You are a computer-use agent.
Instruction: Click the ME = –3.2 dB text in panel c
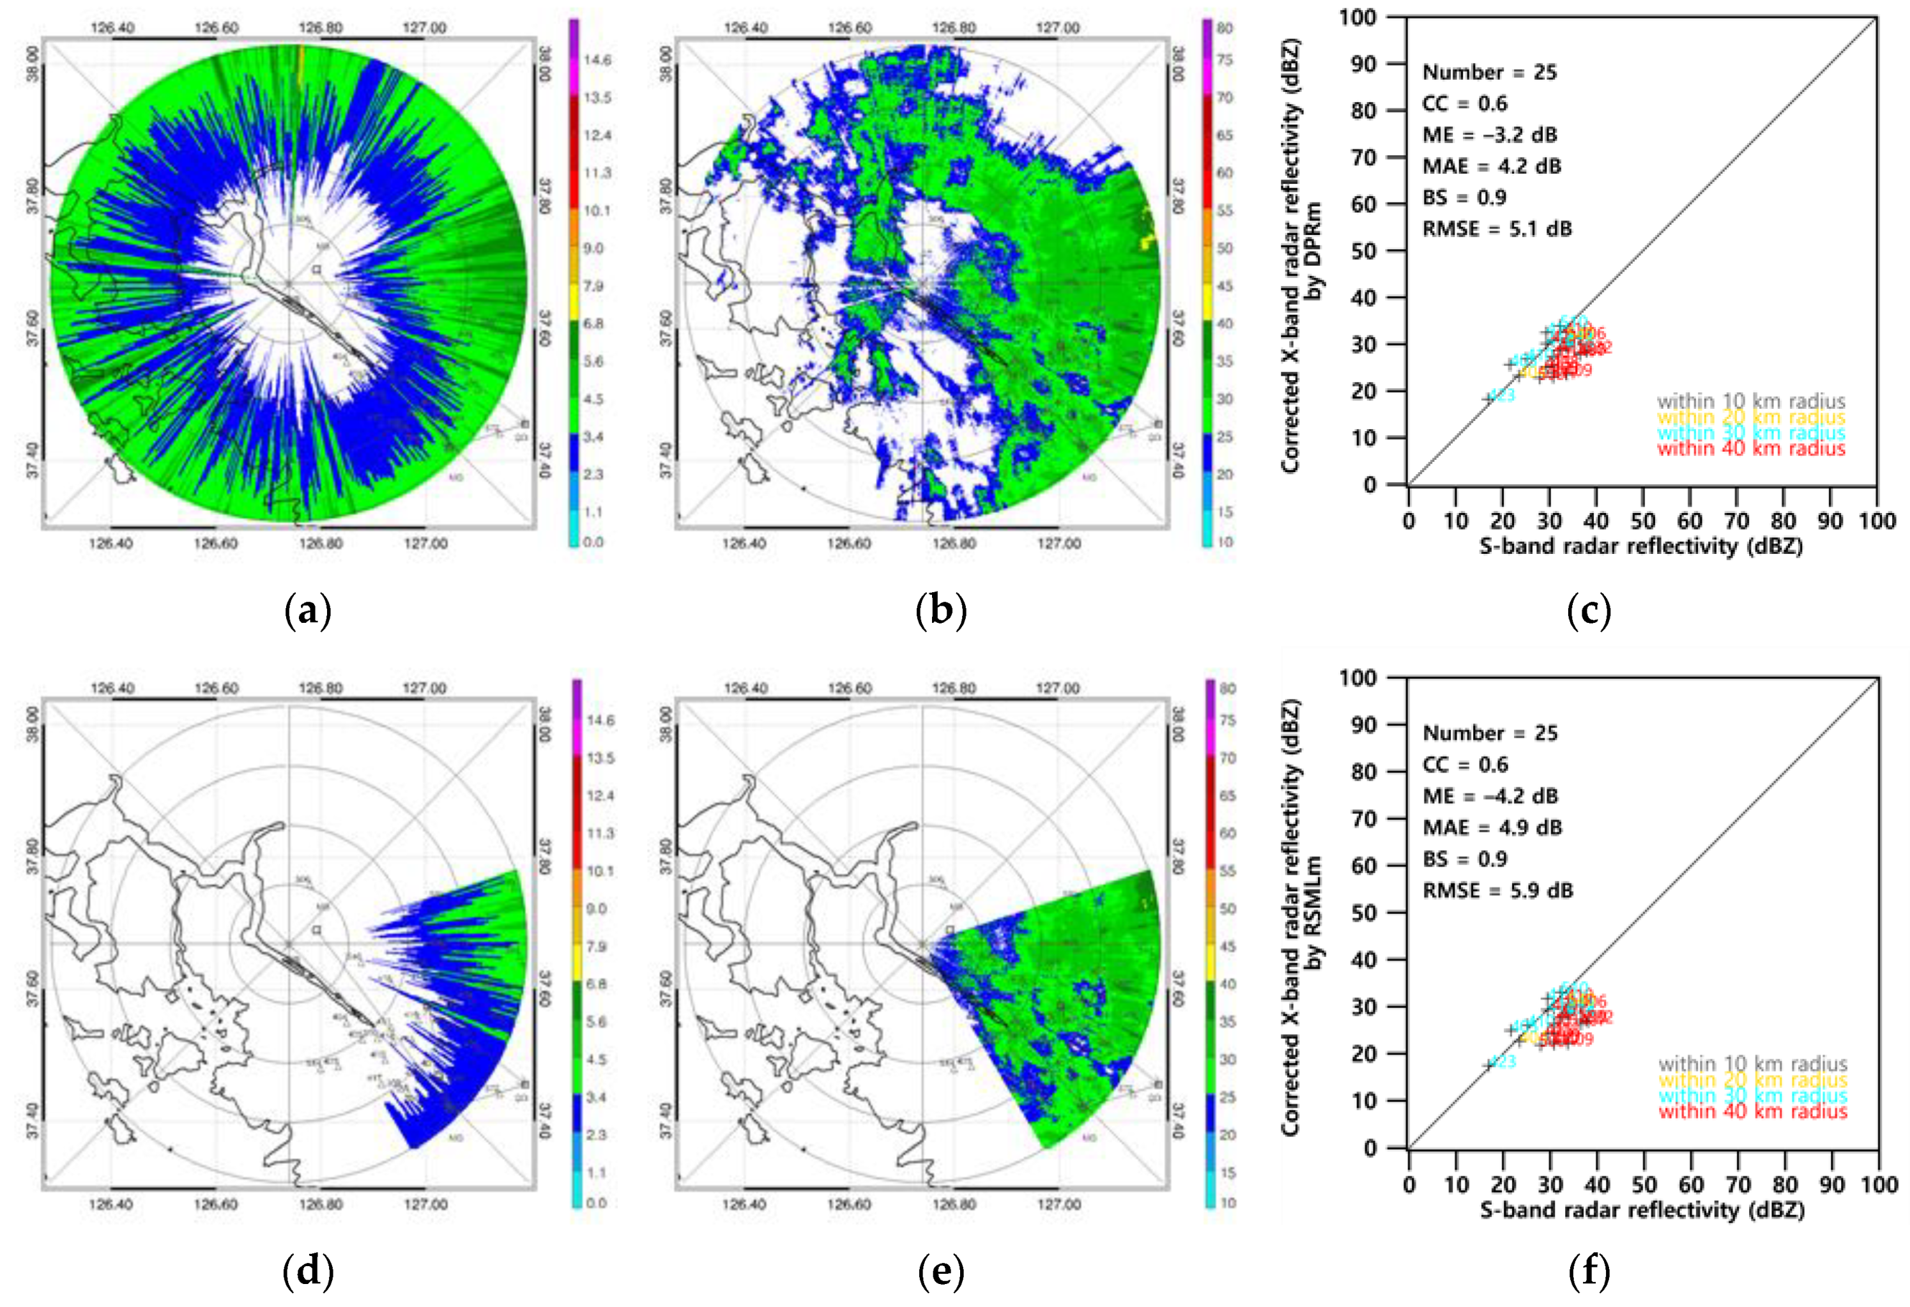1489,135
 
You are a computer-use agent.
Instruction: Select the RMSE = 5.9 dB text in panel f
1497,890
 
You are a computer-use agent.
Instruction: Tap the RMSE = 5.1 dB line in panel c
1497,229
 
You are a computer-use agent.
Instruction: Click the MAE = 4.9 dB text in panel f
1492,828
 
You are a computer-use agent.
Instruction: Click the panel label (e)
940,1273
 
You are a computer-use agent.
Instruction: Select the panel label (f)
1589,1273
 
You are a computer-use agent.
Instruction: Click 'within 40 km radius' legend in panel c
1750,449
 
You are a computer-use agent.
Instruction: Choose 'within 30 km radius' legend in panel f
1752,1096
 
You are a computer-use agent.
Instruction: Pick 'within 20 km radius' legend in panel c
1750,418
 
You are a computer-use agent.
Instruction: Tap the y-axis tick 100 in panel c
1357,17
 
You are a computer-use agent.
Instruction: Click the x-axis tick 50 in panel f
1644,1184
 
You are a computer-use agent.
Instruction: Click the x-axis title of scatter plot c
1641,547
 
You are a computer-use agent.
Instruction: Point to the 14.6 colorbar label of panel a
597,60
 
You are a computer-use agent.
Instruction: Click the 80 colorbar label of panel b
1225,29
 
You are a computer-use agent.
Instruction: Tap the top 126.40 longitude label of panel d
112,688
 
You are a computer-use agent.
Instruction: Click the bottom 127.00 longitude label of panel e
1058,1204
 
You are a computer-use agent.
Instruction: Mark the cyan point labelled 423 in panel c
1488,398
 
